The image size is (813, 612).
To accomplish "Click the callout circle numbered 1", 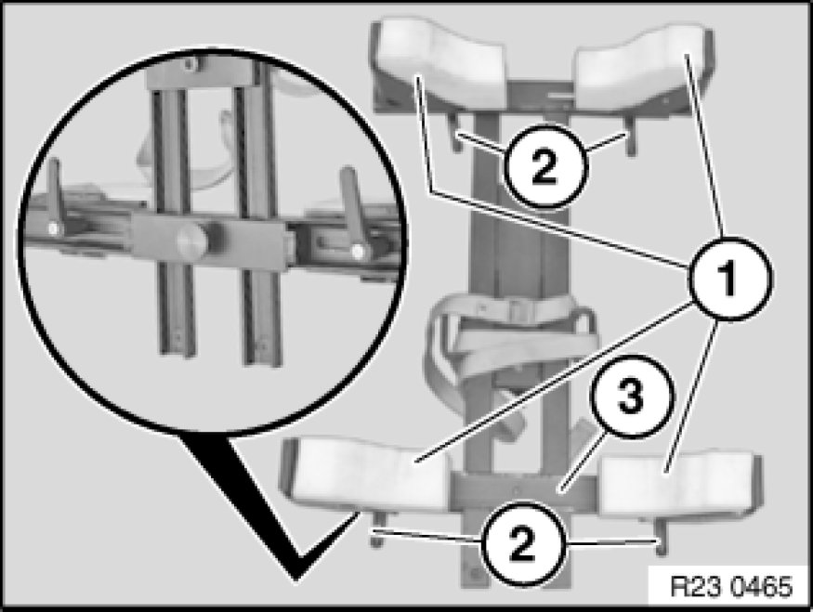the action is pyautogui.click(x=729, y=279).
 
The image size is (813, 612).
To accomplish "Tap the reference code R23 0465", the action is pyautogui.click(x=731, y=587).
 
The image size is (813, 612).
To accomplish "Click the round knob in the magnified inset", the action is pyautogui.click(x=190, y=240).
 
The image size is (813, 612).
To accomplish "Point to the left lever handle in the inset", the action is pyautogui.click(x=55, y=200).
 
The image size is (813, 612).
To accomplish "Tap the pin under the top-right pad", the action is pyautogui.click(x=629, y=136).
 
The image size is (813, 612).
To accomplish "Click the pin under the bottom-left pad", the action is pyautogui.click(x=377, y=528).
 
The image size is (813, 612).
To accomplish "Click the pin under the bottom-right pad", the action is pyautogui.click(x=661, y=538).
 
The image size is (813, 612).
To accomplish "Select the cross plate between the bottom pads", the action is pyautogui.click(x=525, y=490).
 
